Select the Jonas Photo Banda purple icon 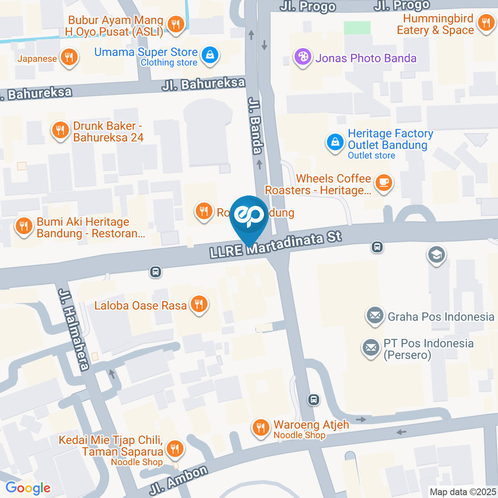(x=301, y=57)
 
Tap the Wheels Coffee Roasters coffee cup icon (x=383, y=183)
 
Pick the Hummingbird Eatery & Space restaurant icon (x=486, y=23)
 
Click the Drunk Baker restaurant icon (x=61, y=130)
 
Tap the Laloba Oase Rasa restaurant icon (x=198, y=305)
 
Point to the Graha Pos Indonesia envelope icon (x=374, y=315)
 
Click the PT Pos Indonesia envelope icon (x=371, y=349)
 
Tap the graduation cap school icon (x=436, y=255)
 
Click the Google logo (x=28, y=488)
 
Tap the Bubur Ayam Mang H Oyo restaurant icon (x=176, y=24)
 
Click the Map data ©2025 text (x=463, y=491)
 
